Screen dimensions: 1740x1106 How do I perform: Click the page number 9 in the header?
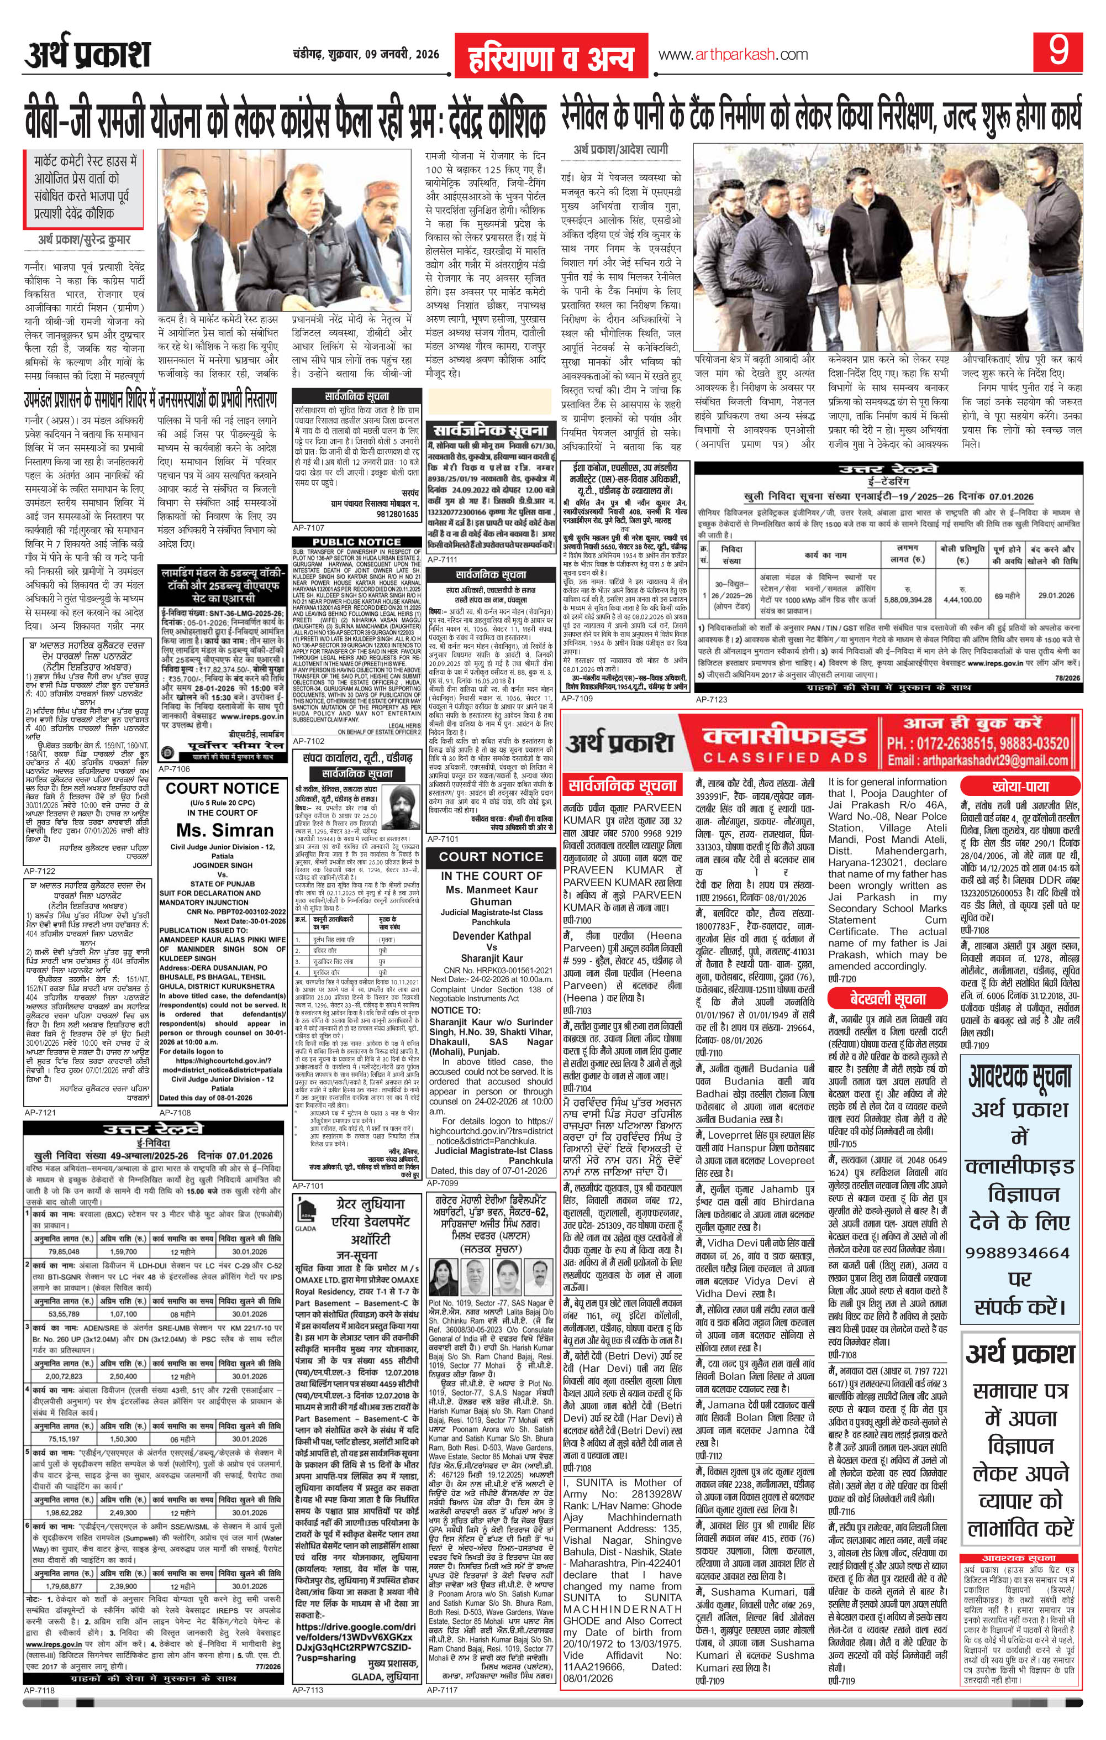1059,55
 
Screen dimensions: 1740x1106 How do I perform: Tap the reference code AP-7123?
711,699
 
